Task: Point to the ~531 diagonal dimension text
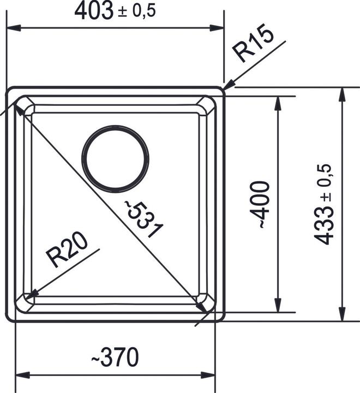click(143, 219)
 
